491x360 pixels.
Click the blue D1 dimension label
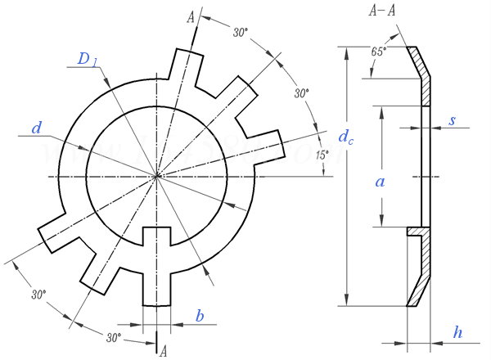click(x=88, y=59)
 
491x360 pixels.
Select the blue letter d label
click(x=36, y=128)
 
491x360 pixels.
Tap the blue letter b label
click(x=200, y=316)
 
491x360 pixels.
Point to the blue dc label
click(x=345, y=137)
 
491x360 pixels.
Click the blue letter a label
click(x=380, y=182)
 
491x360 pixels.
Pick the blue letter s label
click(x=452, y=120)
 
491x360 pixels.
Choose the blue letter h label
click(x=457, y=332)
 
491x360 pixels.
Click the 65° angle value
click(x=378, y=52)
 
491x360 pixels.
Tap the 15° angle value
click(x=322, y=155)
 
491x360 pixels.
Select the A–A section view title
click(x=382, y=11)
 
